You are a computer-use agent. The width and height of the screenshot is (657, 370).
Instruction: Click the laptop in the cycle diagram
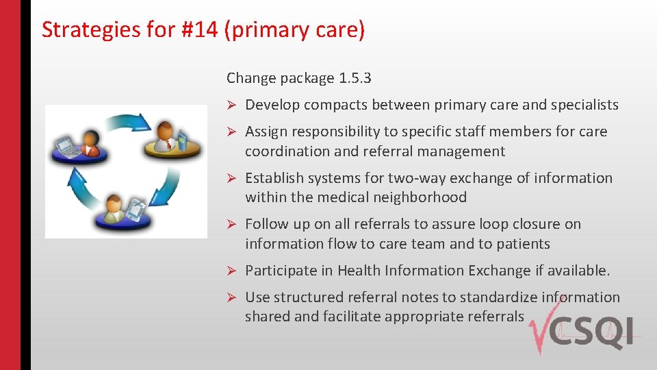(66, 145)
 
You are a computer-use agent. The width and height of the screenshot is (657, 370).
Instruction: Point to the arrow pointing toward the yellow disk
(127, 122)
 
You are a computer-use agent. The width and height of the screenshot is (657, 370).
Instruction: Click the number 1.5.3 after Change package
(355, 78)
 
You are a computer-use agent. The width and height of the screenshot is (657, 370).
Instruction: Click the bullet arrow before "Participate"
(232, 271)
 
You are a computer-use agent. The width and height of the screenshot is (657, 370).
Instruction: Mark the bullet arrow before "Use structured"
(232, 297)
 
